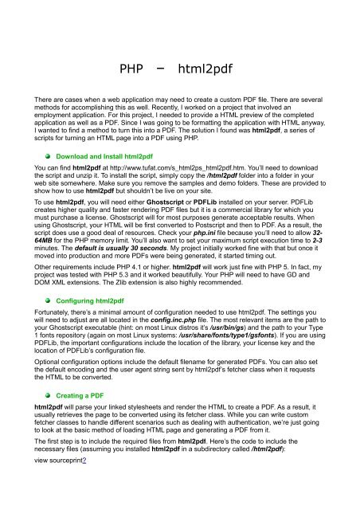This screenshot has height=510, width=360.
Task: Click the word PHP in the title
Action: pos(130,69)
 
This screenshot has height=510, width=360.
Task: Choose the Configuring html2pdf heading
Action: pos(88,303)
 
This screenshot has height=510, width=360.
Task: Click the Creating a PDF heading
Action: pos(79,394)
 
